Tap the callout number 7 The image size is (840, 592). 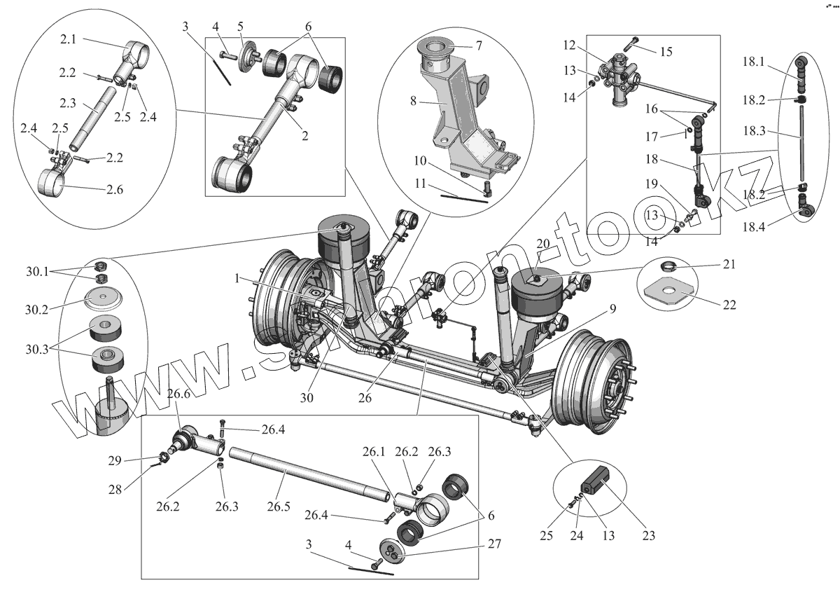pyautogui.click(x=478, y=46)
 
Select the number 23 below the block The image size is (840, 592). pyautogui.click(x=649, y=536)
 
